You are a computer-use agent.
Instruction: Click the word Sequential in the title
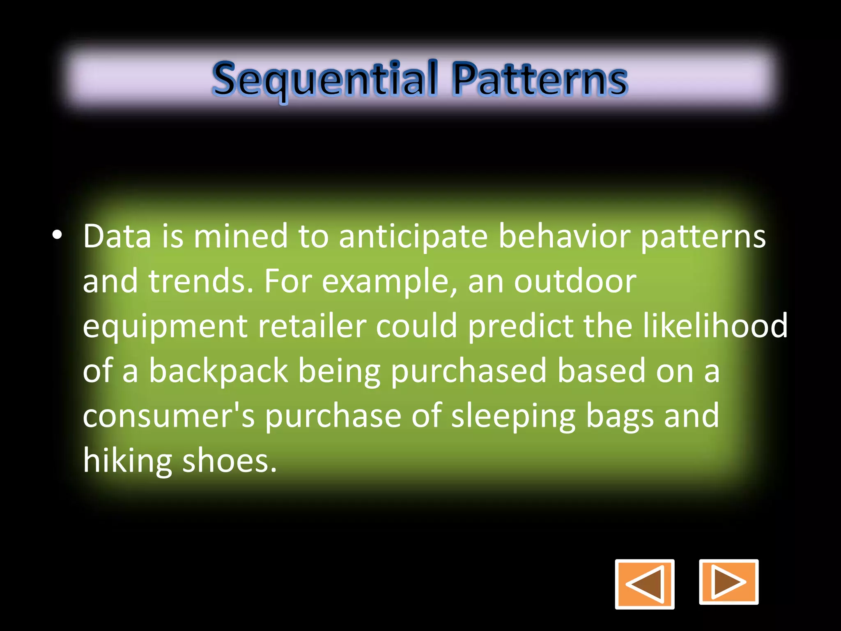324,79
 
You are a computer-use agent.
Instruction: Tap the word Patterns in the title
540,79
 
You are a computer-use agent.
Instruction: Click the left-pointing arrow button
644,584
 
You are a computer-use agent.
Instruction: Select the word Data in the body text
117,237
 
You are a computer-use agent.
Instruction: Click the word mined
241,237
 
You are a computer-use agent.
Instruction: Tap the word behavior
564,237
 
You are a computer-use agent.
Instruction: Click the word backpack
218,371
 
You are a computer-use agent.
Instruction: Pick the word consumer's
169,416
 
